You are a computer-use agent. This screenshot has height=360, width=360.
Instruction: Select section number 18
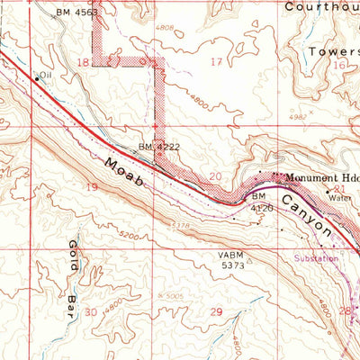pos(84,62)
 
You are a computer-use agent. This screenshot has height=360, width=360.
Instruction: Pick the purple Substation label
pos(315,258)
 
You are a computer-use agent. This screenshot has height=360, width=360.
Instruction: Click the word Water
pos(339,198)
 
